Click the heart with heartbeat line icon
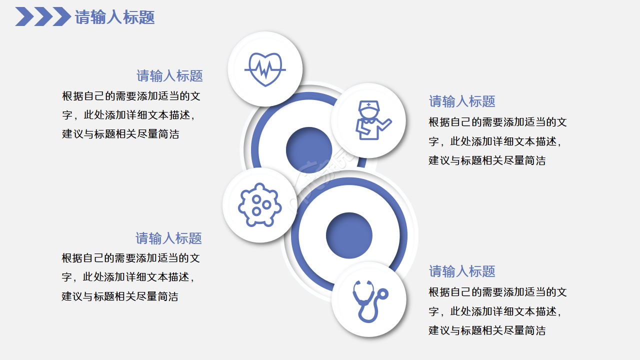265,69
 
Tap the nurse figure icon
370,120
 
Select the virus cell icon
258,205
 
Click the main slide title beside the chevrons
114,17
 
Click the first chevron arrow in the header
24,16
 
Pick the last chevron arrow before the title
61,16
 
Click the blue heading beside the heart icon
169,76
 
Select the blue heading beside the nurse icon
462,101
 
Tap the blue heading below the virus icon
168,238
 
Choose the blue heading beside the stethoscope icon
462,271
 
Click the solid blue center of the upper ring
308,149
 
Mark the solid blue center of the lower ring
349,235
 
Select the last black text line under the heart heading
120,134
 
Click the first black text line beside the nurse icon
497,122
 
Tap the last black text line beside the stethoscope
487,330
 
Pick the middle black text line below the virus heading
128,277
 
